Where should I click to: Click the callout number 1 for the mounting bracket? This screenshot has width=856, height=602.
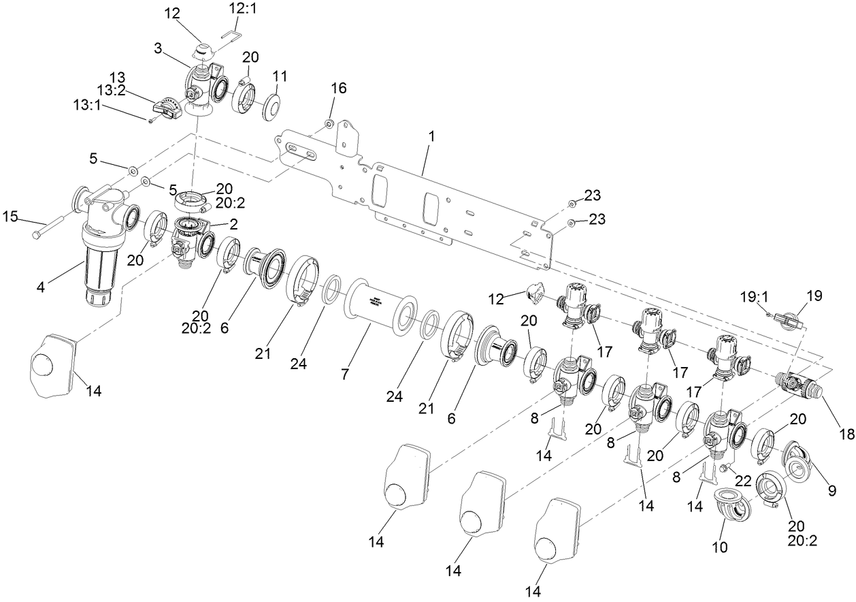431,136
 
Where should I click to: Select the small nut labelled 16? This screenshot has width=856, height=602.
328,124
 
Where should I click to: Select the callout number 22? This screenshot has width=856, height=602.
744,479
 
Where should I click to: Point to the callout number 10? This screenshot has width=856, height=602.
719,546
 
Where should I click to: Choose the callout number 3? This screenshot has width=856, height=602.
157,49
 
